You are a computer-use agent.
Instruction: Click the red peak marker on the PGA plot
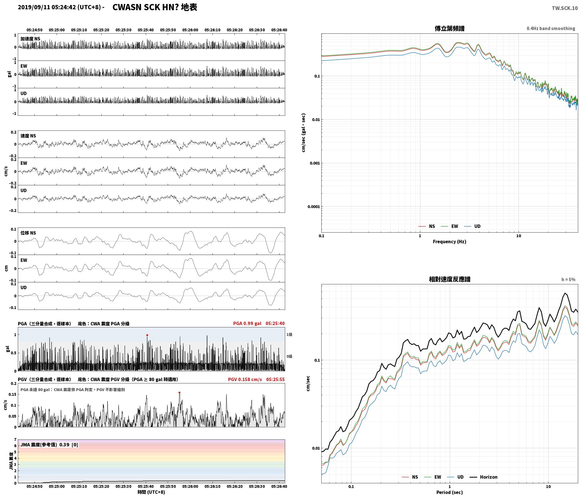147,335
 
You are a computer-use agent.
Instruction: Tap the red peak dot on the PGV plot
179,393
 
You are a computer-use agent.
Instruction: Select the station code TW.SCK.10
565,8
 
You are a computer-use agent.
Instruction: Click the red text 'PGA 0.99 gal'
247,323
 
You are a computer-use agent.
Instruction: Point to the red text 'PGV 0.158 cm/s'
245,379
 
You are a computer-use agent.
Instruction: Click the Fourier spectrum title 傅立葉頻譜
449,28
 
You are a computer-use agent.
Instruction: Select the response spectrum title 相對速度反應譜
449,279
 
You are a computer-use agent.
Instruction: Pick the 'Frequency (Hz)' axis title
449,241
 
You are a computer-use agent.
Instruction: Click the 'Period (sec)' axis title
449,492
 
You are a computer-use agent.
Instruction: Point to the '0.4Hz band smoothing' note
551,28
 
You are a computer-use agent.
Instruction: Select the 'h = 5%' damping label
568,280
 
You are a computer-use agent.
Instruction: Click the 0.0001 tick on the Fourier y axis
314,207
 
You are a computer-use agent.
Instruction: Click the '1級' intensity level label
289,334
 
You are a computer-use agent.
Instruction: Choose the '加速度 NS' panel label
30,39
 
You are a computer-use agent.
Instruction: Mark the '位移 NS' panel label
28,233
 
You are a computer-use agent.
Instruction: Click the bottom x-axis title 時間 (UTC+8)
151,492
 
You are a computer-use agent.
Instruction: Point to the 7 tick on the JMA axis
15,439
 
